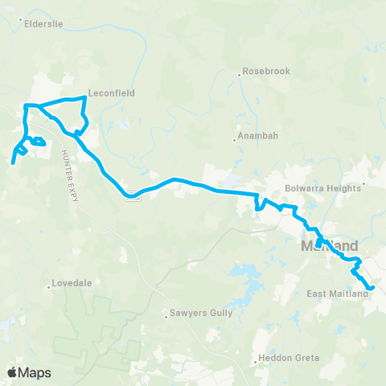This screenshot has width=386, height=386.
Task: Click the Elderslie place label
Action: pyautogui.click(x=47, y=23)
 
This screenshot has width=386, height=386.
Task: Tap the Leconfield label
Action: pyautogui.click(x=112, y=92)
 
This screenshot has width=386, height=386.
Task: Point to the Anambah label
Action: pyautogui.click(x=257, y=137)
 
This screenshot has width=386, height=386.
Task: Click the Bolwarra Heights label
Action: pyautogui.click(x=320, y=190)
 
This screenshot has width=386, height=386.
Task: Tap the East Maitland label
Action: pyautogui.click(x=337, y=294)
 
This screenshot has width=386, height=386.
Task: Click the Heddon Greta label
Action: pyautogui.click(x=290, y=358)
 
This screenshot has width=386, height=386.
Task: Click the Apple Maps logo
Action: pyautogui.click(x=29, y=372)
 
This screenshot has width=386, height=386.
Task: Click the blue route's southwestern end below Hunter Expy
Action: pyautogui.click(x=13, y=162)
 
